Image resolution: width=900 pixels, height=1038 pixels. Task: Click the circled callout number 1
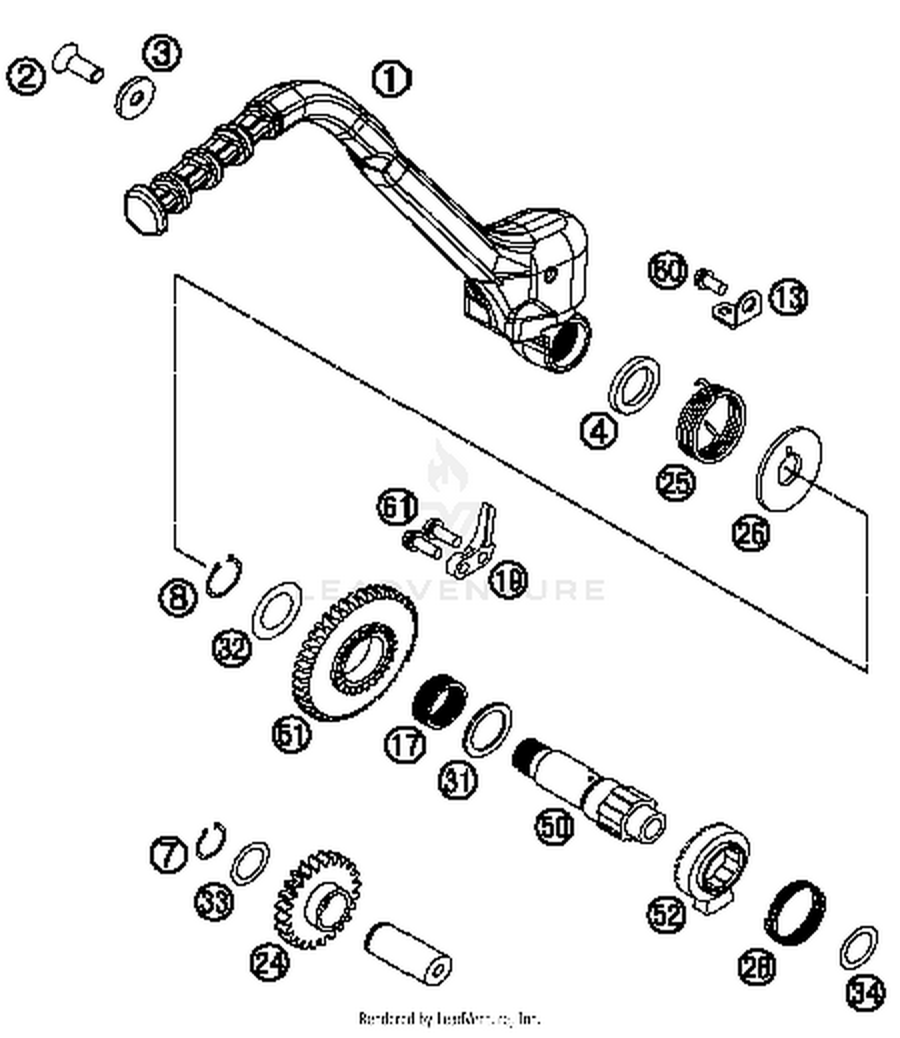(x=391, y=80)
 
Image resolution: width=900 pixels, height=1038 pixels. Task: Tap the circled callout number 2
(x=26, y=77)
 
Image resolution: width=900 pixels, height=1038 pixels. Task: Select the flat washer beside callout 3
(x=135, y=97)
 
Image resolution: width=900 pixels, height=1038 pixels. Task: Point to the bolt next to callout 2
(x=78, y=64)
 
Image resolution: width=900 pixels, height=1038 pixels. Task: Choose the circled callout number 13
(x=788, y=297)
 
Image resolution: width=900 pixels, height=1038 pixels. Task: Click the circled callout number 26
(x=751, y=532)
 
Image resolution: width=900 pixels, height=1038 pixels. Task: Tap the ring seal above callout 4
(x=634, y=384)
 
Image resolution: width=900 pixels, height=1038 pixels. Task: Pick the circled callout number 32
(x=232, y=648)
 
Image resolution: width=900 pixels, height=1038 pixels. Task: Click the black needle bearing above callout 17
(x=440, y=700)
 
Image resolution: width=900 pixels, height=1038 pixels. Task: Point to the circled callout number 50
(x=554, y=827)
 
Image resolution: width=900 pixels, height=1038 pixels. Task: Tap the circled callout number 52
(x=666, y=914)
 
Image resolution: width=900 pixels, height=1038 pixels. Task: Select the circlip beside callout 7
(x=211, y=841)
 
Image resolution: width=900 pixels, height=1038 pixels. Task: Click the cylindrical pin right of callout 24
(x=408, y=953)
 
